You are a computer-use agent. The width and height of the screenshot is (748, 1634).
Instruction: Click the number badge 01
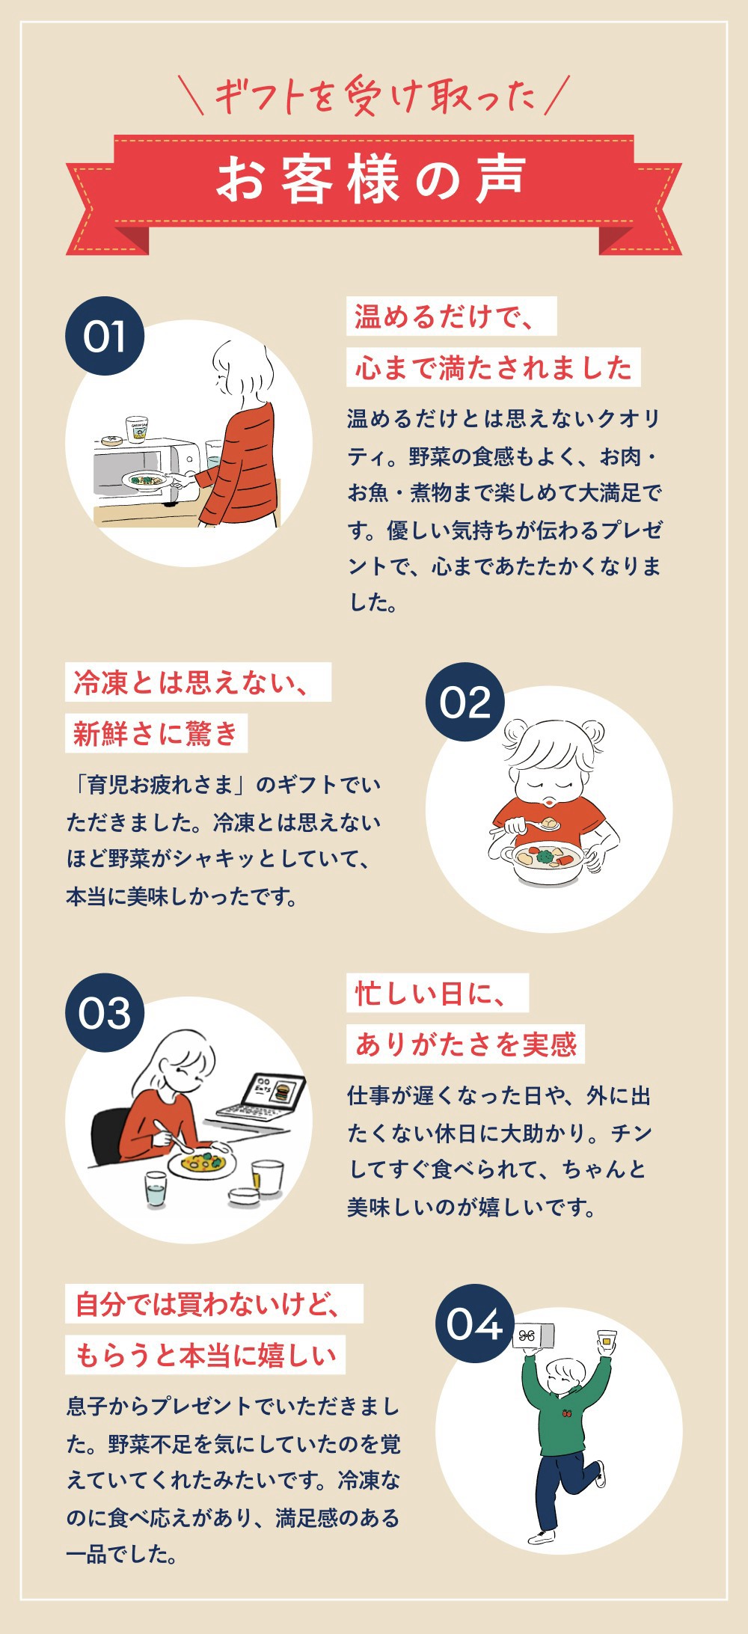click(x=105, y=336)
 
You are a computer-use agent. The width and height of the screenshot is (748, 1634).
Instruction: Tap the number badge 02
click(x=465, y=702)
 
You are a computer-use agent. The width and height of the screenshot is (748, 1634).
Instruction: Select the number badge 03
click(x=105, y=1013)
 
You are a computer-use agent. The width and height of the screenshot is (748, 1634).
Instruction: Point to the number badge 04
click(x=475, y=1324)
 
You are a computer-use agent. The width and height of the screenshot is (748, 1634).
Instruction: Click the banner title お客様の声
click(x=372, y=180)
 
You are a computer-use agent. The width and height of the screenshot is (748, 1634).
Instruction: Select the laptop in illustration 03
click(x=262, y=1100)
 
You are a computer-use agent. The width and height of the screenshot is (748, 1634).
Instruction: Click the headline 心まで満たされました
click(x=494, y=367)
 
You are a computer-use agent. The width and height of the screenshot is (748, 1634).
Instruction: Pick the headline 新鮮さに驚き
click(x=156, y=733)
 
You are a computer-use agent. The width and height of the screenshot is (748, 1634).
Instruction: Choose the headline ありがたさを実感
click(x=465, y=1044)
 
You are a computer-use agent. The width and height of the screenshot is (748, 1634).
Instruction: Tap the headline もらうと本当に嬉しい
click(x=206, y=1355)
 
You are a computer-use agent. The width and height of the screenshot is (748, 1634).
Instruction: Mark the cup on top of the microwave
click(x=136, y=429)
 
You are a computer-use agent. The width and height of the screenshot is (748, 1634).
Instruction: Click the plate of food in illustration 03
click(x=202, y=1164)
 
